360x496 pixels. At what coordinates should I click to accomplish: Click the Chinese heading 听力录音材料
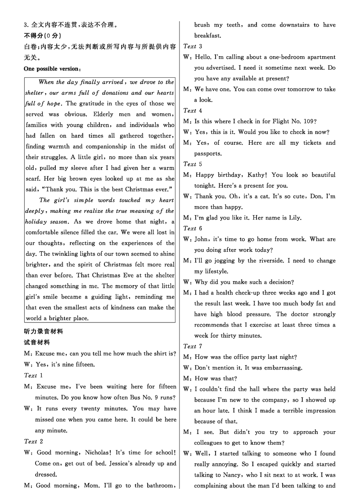coord(44,331)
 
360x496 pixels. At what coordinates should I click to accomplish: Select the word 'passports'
coord(208,154)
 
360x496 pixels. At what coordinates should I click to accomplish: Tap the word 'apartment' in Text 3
coord(320,57)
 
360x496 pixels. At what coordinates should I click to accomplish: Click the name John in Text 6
coord(202,240)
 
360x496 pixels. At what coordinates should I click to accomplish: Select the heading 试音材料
coord(37,342)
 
